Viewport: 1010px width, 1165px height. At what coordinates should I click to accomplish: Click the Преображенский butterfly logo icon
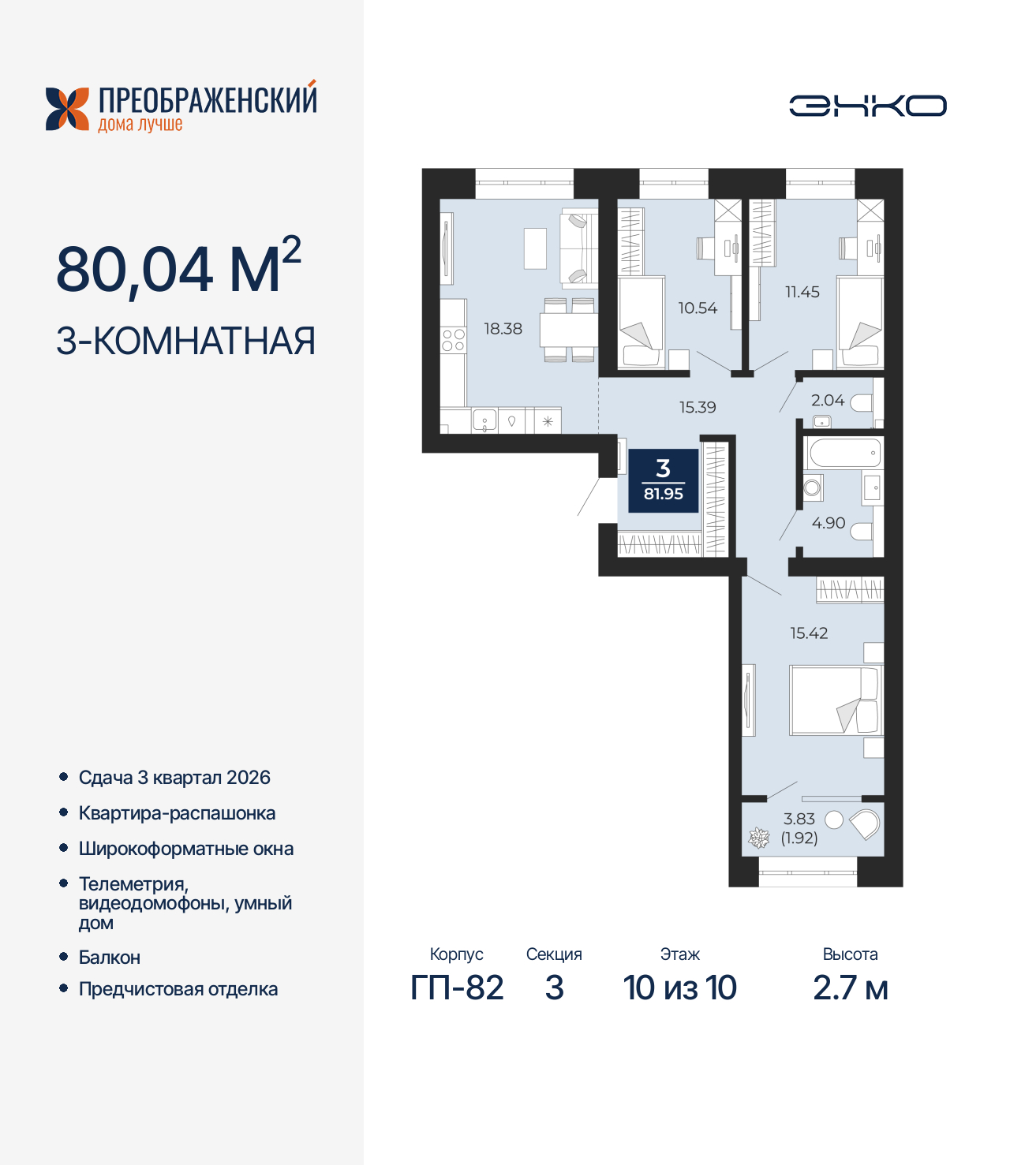coord(67,109)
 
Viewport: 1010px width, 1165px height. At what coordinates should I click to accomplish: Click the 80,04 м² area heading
coord(179,267)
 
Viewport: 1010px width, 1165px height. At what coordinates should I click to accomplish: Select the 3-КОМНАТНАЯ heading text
coord(185,341)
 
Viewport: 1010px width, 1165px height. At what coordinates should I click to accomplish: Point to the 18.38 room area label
coord(503,329)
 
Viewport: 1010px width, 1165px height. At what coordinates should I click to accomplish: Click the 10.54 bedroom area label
coord(698,308)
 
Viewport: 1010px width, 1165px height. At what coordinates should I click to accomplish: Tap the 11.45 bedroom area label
coord(802,292)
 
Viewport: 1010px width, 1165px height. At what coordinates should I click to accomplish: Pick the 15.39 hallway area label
coord(698,407)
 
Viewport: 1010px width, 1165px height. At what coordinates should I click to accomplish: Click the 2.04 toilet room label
coord(827,400)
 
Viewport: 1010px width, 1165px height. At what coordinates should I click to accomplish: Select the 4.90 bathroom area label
coord(829,522)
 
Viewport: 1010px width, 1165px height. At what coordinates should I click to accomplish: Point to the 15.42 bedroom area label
coord(809,633)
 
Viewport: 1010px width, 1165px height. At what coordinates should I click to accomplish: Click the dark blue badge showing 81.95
coord(663,481)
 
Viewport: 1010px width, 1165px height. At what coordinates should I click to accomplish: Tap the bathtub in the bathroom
coord(844,454)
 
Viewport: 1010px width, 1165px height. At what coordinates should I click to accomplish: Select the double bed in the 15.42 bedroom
coord(836,700)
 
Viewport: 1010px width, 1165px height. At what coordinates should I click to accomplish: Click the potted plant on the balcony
coord(758,838)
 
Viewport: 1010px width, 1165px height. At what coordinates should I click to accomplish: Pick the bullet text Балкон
coord(110,957)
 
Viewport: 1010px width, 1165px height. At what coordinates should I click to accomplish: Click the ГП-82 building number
coord(457,988)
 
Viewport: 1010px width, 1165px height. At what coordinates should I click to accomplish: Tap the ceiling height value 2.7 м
coord(851,988)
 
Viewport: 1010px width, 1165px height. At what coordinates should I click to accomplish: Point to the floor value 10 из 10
coord(679,988)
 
